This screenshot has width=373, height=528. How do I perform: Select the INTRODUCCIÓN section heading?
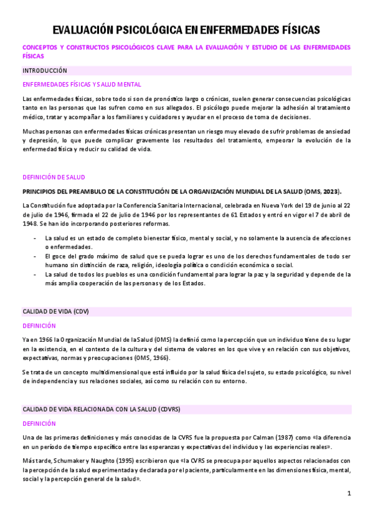[44, 71]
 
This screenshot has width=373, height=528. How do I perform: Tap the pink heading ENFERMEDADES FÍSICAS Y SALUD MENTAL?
[82, 85]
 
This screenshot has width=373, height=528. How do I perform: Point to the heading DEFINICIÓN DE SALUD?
[54, 177]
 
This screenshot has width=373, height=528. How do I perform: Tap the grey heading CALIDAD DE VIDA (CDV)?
[56, 311]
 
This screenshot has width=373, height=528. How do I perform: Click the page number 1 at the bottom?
[349, 494]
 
